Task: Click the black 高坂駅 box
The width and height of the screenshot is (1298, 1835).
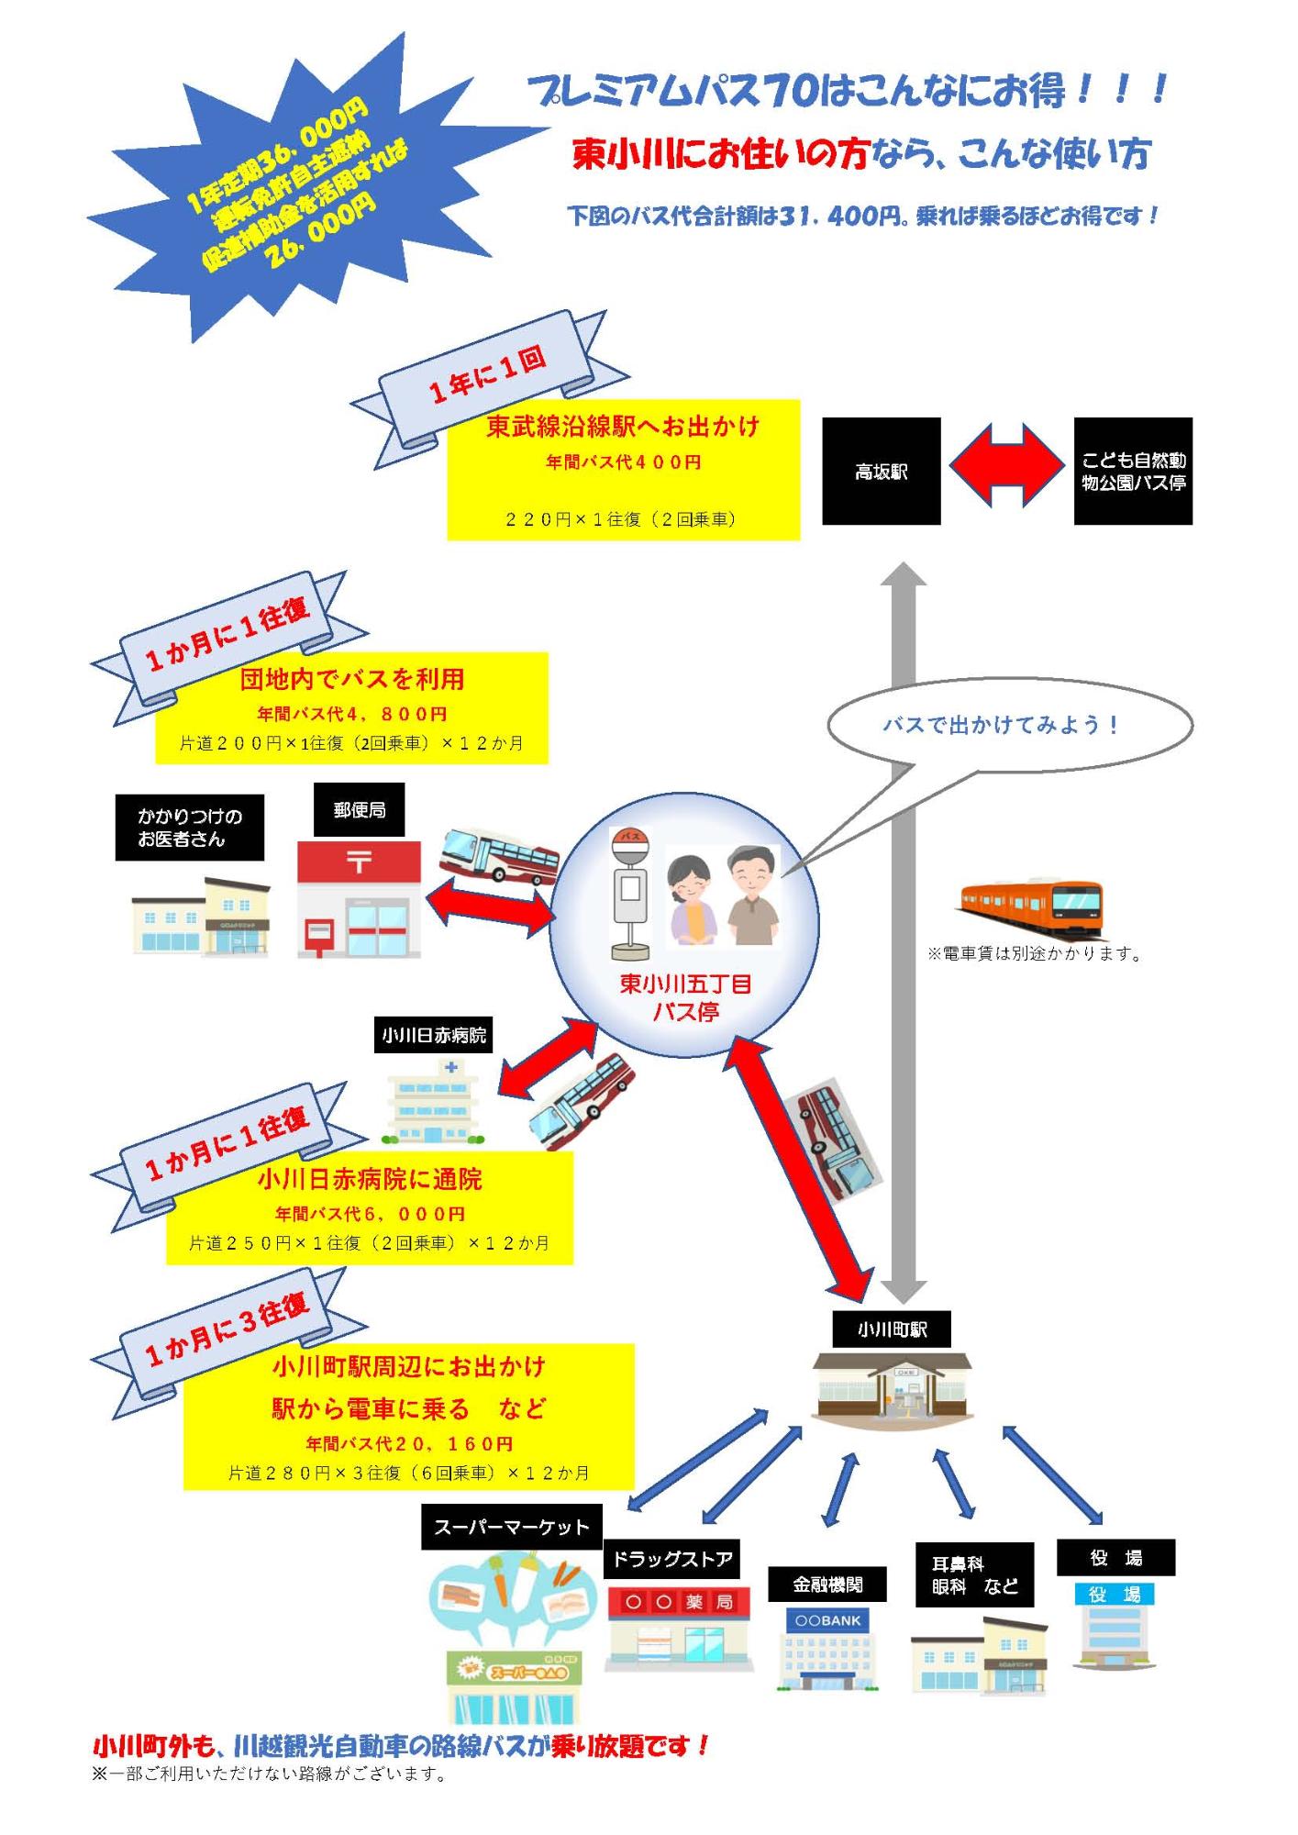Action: click(881, 472)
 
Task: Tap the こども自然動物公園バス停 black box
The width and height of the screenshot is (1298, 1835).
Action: click(1133, 472)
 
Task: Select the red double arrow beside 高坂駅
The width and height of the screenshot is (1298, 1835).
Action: click(1006, 465)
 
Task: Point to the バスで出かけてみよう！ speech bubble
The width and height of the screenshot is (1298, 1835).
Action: click(1009, 725)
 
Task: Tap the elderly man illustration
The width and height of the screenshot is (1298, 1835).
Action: click(752, 895)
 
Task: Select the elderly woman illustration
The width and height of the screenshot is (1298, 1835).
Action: click(693, 899)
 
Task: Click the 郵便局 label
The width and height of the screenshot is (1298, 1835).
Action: click(359, 810)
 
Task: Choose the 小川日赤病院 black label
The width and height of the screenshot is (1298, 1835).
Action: click(435, 1035)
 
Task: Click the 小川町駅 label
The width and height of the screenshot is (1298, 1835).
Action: click(892, 1329)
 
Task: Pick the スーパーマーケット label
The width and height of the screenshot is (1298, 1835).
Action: click(511, 1527)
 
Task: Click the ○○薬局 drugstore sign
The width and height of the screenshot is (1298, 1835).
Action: click(679, 1602)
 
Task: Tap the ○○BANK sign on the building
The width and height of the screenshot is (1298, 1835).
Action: click(828, 1620)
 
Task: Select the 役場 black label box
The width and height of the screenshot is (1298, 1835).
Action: click(1115, 1557)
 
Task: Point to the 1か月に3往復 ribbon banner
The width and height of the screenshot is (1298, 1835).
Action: click(229, 1326)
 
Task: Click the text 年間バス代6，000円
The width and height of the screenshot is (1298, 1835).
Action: click(370, 1214)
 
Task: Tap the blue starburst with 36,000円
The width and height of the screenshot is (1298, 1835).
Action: click(294, 183)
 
